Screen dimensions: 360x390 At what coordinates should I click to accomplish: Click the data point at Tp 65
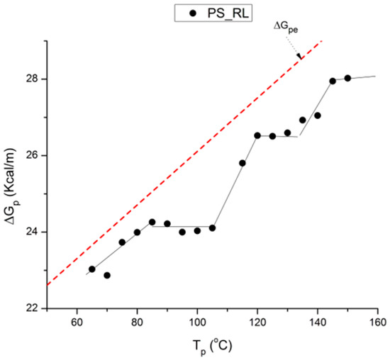(92, 269)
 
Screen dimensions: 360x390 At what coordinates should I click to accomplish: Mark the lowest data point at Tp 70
(107, 275)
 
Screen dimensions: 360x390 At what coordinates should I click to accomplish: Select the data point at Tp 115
(243, 163)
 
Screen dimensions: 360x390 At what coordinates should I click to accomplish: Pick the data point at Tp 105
(212, 227)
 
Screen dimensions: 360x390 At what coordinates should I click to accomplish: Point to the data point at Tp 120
(257, 135)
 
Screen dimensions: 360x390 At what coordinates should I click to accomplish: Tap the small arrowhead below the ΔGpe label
(299, 56)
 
